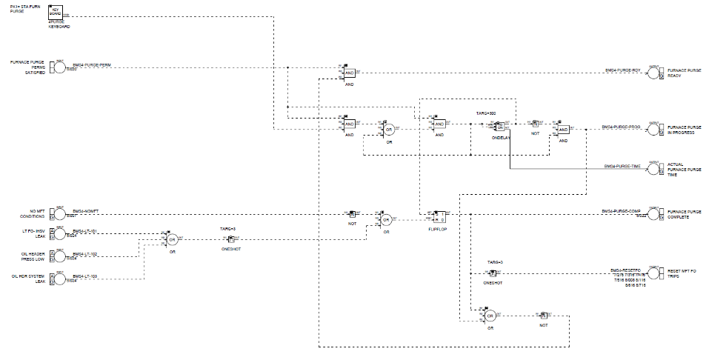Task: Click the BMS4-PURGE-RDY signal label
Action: [622, 70]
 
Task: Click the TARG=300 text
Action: [486, 113]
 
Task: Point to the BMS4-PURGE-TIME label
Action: [622, 167]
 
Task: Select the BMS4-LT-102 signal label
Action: [86, 254]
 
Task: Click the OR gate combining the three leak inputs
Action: [172, 241]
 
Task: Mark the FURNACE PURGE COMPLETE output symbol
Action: [653, 213]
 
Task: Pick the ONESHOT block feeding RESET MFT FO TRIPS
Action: [493, 273]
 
